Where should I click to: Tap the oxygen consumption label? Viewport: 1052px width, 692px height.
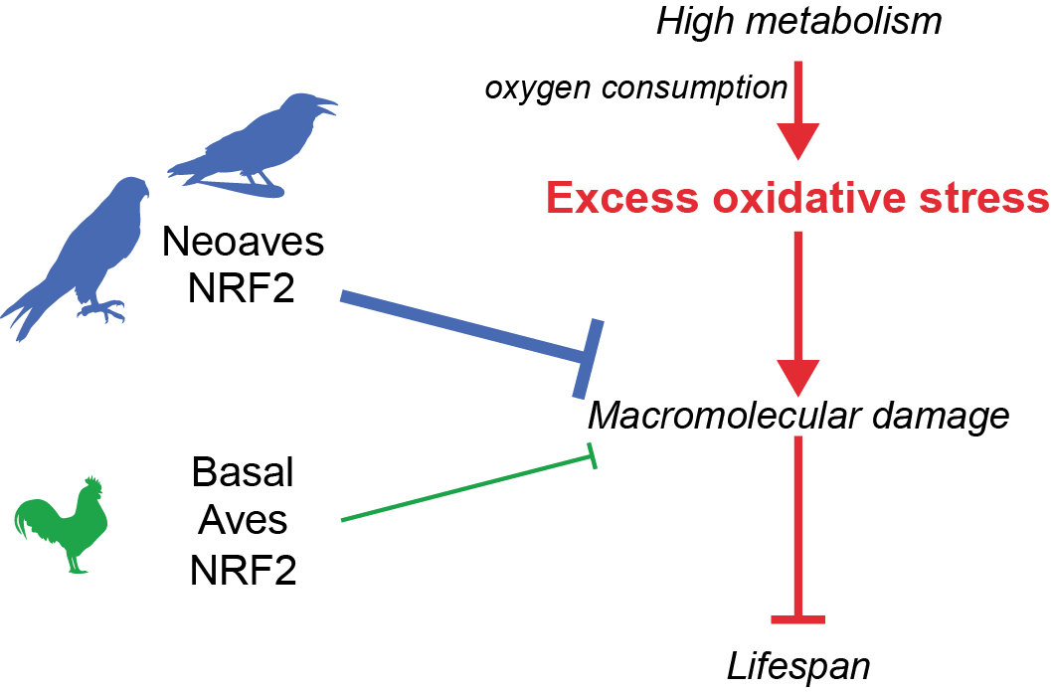[635, 89]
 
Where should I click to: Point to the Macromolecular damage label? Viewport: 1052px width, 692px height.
[798, 416]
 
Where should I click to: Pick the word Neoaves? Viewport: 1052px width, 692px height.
[244, 241]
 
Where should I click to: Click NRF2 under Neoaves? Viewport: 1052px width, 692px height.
[244, 290]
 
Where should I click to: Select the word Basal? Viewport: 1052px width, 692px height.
[244, 473]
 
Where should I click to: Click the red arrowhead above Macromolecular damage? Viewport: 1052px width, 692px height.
[798, 376]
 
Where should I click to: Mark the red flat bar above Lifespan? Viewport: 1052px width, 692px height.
[798, 620]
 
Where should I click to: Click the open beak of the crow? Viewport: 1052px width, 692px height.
[327, 102]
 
